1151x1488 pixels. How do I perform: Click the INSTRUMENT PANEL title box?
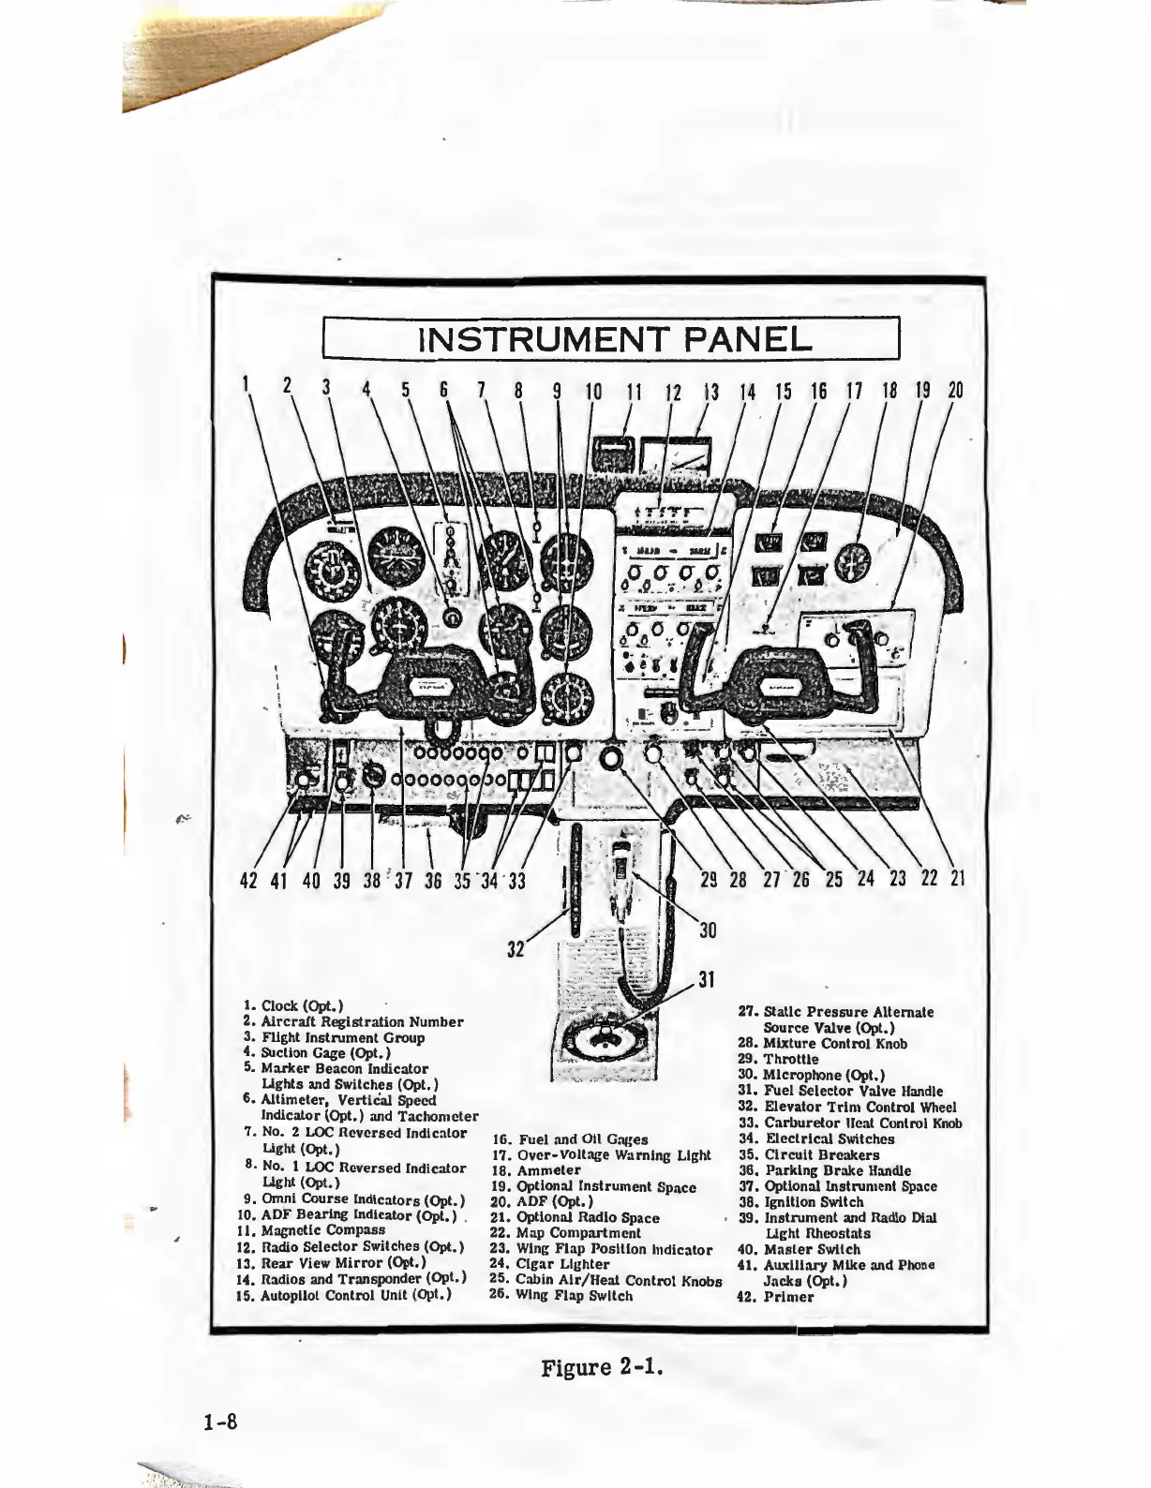[611, 338]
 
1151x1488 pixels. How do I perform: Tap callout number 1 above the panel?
[246, 386]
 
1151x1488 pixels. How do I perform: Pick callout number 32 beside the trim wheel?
[516, 948]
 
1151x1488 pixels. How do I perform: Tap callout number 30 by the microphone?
[708, 929]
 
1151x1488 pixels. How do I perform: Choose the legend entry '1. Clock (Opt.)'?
[292, 1005]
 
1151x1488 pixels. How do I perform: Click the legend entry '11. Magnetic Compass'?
[311, 1230]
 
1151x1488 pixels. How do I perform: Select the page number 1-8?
[221, 1422]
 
